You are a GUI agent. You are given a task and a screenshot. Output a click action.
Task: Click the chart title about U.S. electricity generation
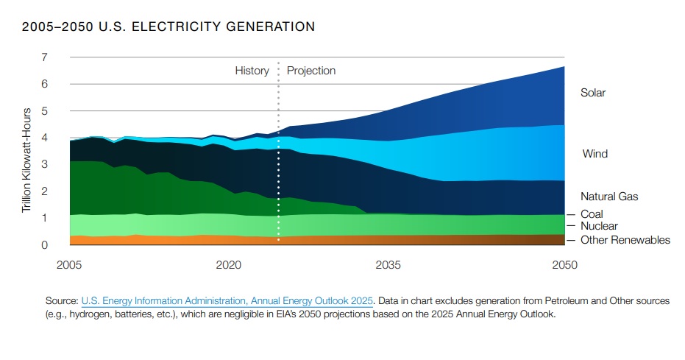pyautogui.click(x=168, y=27)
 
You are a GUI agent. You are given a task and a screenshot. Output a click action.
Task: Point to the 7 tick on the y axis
pyautogui.click(x=45, y=57)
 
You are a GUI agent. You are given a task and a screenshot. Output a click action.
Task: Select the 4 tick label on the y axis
pyautogui.click(x=45, y=138)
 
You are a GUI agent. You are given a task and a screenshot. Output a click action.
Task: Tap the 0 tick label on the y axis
pyautogui.click(x=45, y=245)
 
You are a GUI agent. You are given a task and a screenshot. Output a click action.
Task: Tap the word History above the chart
pyautogui.click(x=252, y=71)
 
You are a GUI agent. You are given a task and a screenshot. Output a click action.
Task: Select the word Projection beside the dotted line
pyautogui.click(x=311, y=71)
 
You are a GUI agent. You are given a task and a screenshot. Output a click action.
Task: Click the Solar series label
pyautogui.click(x=593, y=93)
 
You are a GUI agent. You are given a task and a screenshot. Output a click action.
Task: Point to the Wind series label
pyautogui.click(x=595, y=155)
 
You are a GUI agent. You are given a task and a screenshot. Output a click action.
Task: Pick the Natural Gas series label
pyautogui.click(x=609, y=197)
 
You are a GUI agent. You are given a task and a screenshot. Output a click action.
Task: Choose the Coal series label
pyautogui.click(x=592, y=214)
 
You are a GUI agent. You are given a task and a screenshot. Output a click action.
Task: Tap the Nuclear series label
pyautogui.click(x=599, y=227)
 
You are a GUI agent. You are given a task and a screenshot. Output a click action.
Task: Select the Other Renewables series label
pyautogui.click(x=625, y=240)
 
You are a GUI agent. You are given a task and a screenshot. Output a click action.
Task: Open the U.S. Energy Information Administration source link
pyautogui.click(x=228, y=301)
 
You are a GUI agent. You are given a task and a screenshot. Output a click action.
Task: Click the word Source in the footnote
pyautogui.click(x=62, y=301)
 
